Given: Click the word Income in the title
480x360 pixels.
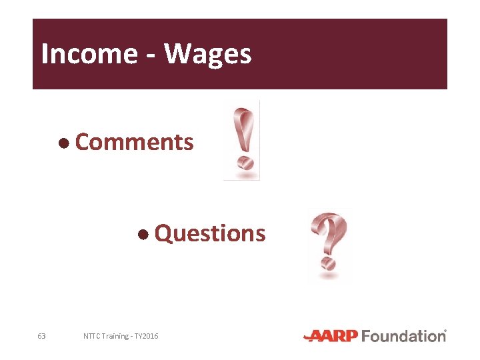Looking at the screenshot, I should [x=88, y=54].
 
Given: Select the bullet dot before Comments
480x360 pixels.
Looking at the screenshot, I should [x=63, y=143].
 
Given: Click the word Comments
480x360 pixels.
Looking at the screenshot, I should [x=135, y=142].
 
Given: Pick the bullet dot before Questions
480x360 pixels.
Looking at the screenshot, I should [x=143, y=234].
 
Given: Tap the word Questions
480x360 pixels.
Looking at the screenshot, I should [x=210, y=234].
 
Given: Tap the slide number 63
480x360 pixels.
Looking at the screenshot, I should [x=41, y=336].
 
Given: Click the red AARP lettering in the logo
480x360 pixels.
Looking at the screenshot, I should [x=331, y=336].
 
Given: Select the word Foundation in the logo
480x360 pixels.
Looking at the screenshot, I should [x=403, y=336].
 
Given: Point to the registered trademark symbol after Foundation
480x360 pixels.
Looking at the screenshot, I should [x=445, y=331].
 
